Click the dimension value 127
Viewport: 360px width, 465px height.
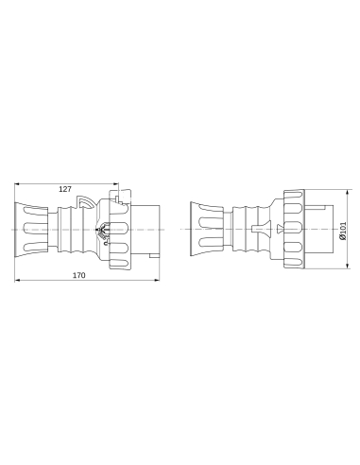coord(65,189)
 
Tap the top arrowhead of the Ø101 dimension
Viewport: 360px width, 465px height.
coord(337,189)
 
